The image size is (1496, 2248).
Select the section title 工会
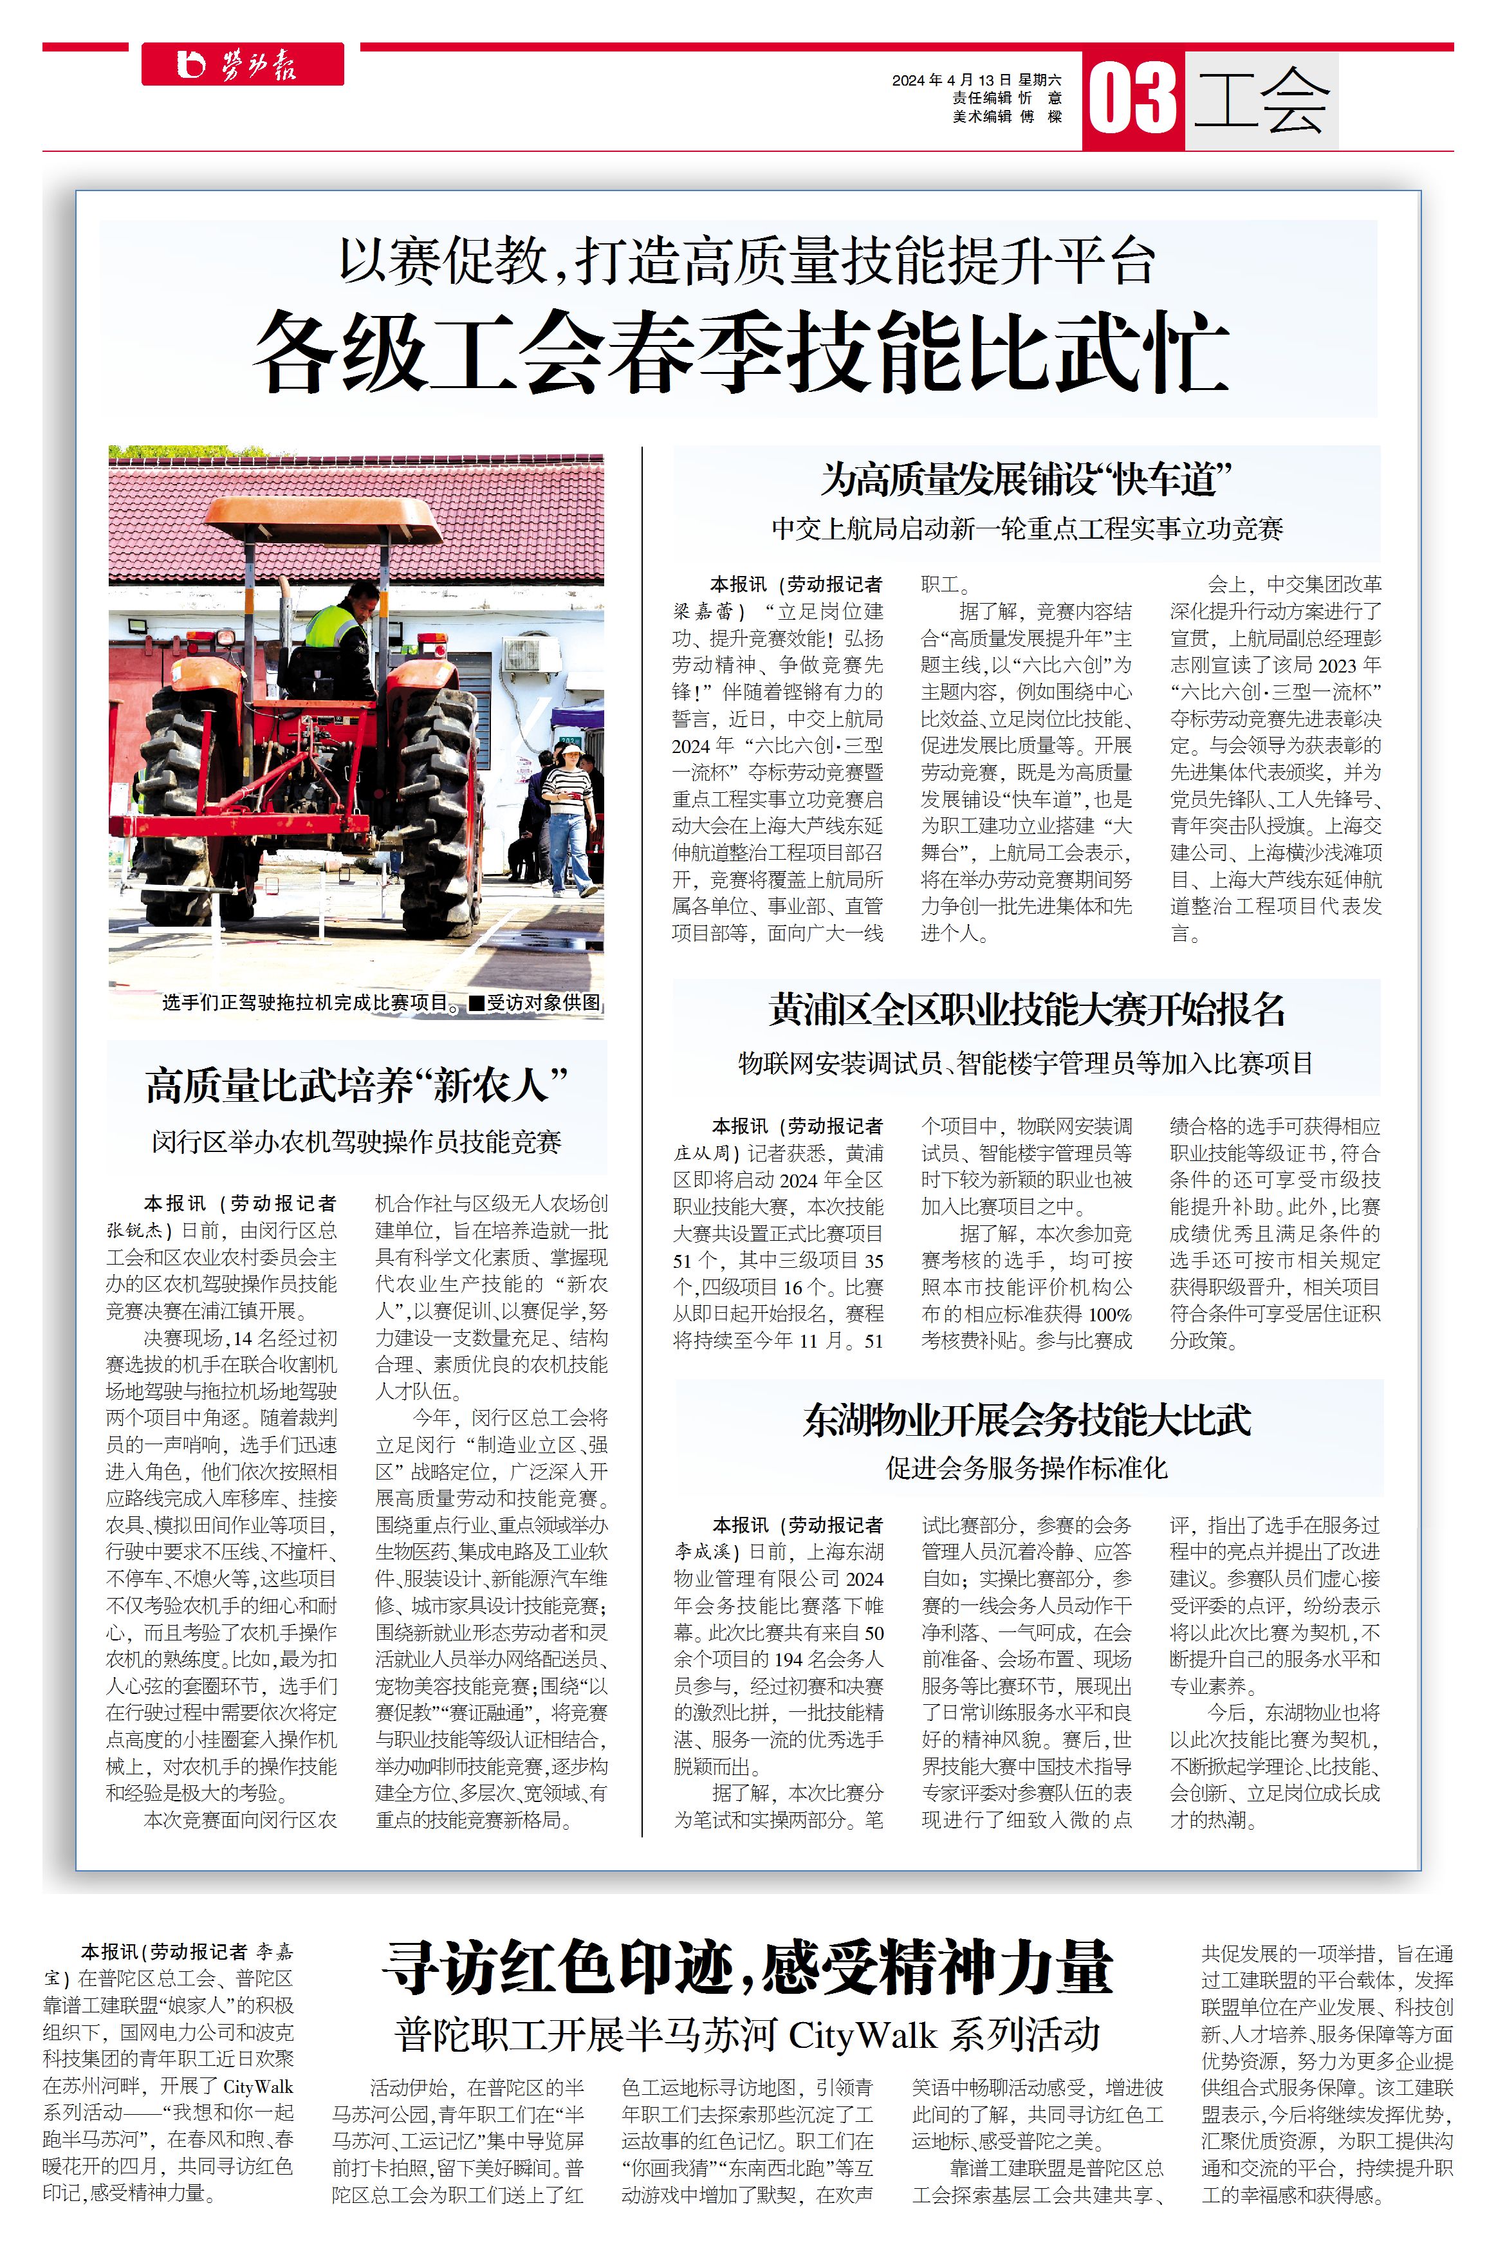click(1261, 100)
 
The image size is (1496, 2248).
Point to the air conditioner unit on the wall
click(531, 654)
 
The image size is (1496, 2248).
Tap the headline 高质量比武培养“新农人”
click(357, 1086)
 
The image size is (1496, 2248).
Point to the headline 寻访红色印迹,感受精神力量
click(747, 1967)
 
